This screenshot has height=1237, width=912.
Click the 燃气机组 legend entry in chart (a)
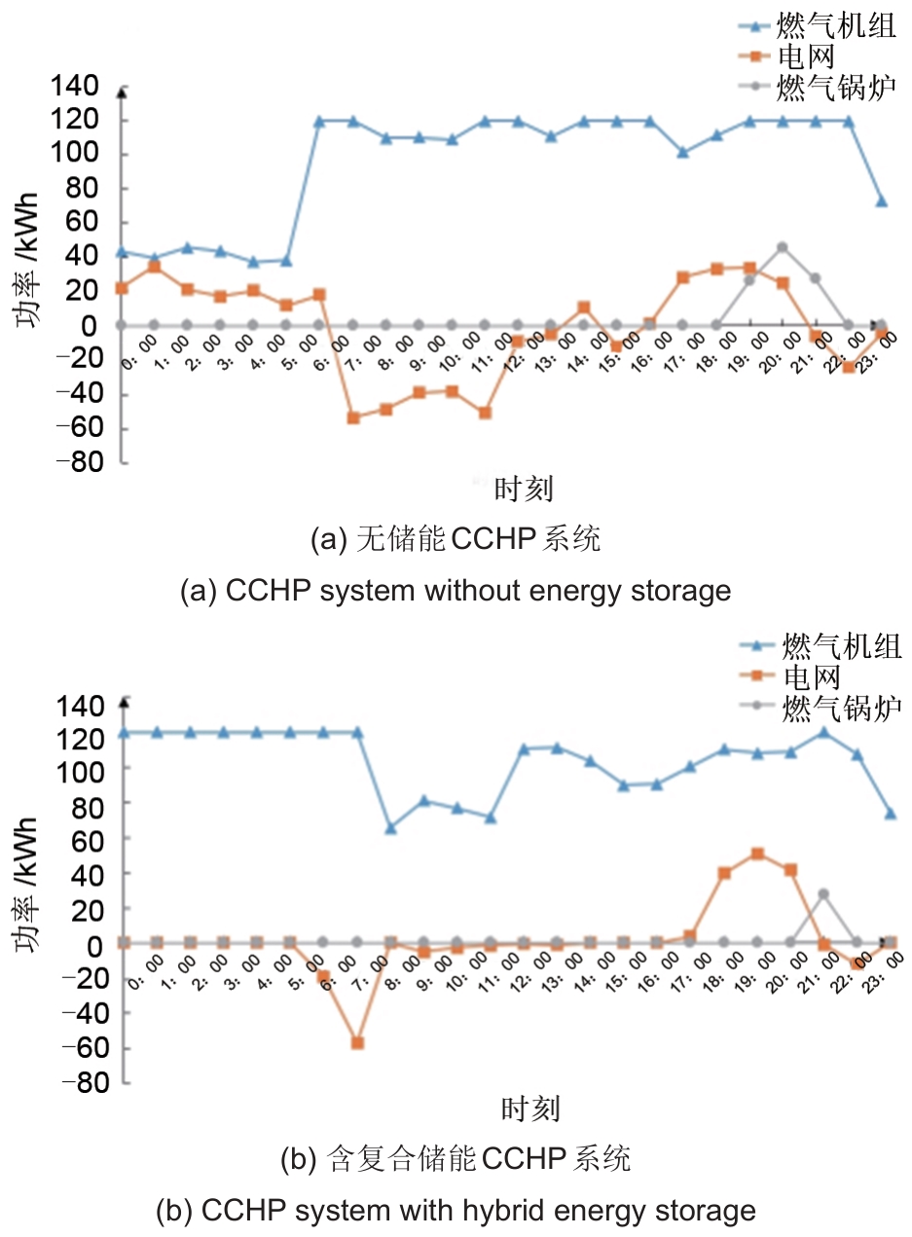(x=835, y=26)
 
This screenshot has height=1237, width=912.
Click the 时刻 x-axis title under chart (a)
(x=524, y=488)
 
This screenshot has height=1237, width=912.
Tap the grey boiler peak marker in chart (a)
(x=782, y=247)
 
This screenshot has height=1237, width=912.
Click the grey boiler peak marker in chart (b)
(x=823, y=893)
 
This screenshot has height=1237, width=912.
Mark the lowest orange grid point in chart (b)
(x=357, y=1042)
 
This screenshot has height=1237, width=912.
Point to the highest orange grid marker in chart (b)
(x=757, y=854)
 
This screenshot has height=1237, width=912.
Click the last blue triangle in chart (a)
(x=881, y=201)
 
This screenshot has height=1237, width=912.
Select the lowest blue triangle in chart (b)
(x=390, y=828)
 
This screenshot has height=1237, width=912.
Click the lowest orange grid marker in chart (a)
(x=353, y=418)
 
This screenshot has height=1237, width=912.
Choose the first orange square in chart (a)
(x=121, y=288)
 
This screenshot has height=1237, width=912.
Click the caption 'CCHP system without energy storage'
(x=477, y=590)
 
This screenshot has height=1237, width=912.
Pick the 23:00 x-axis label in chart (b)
(x=882, y=973)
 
